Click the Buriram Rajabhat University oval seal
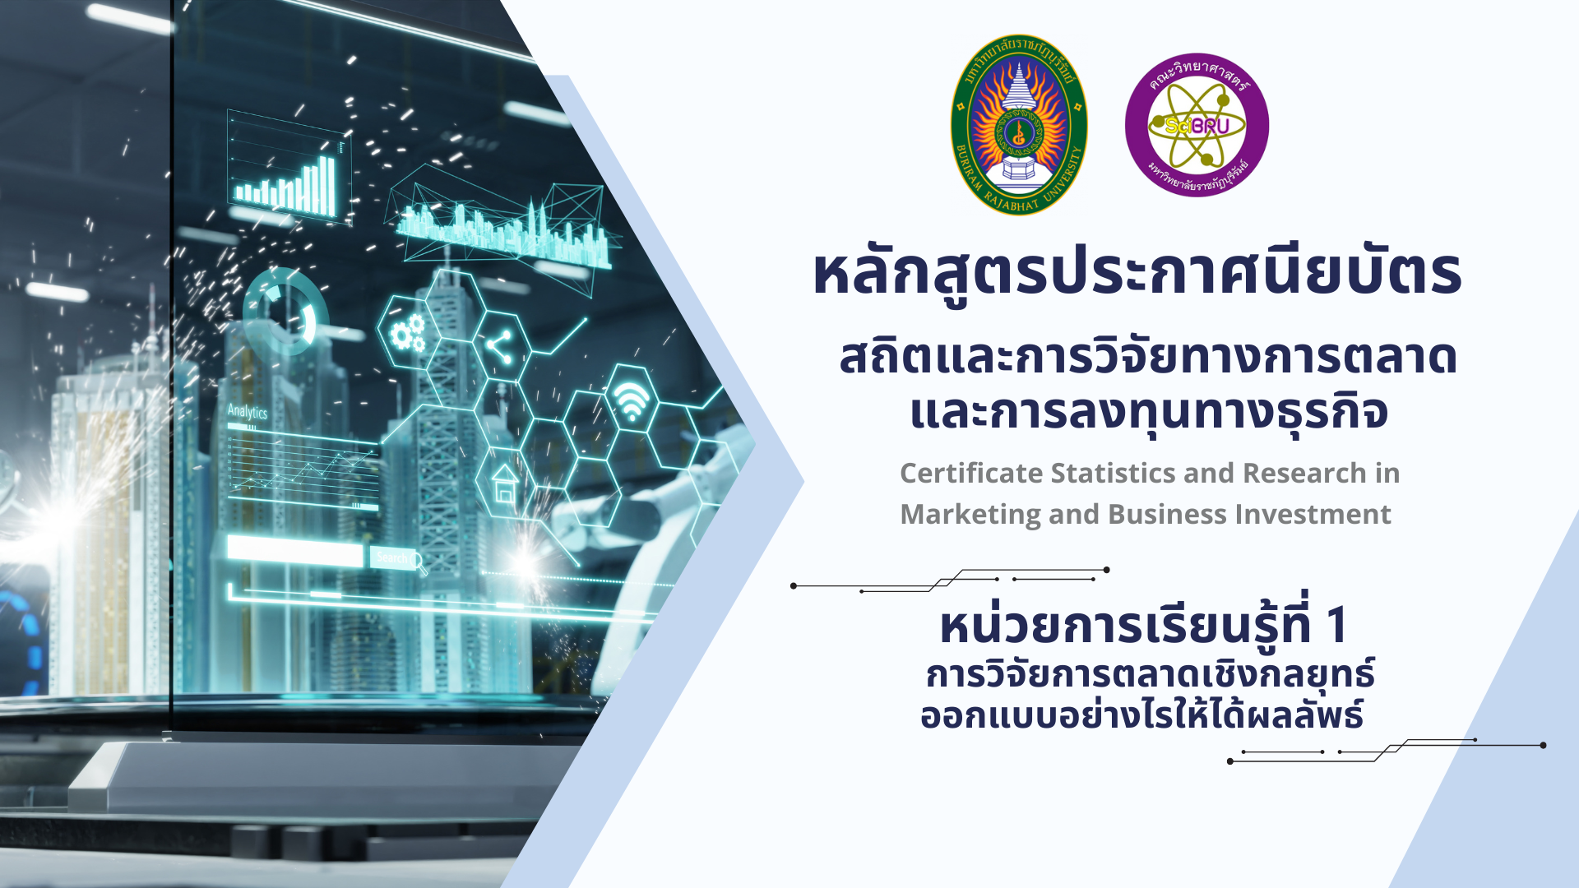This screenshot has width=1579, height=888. (1019, 125)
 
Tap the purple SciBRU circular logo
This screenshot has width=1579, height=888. (1197, 125)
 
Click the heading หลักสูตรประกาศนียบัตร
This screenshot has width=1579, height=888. (1137, 273)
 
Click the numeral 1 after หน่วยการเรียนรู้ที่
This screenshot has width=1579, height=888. (1336, 625)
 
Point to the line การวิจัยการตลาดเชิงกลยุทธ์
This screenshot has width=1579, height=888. (1150, 674)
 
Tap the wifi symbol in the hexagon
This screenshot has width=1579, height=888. (632, 401)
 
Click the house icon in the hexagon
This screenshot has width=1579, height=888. (504, 483)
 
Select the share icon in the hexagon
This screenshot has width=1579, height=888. (499, 346)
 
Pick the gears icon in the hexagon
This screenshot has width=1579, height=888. (407, 333)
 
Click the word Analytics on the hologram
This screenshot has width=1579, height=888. (248, 411)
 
